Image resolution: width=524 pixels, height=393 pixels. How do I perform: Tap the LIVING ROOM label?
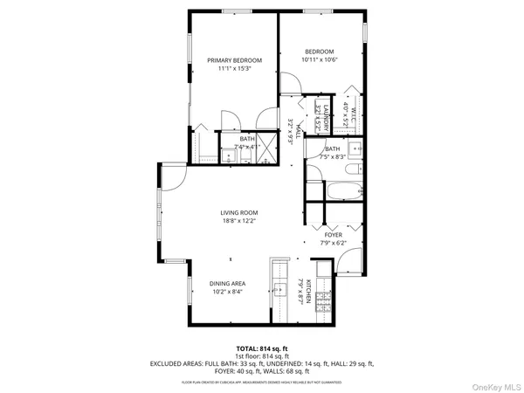[238, 212]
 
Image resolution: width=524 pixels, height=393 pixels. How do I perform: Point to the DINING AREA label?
[227, 284]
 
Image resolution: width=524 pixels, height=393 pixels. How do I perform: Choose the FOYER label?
[334, 235]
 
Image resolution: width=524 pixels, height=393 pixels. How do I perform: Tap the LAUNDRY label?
[326, 117]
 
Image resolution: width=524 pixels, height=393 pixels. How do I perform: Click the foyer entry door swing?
[348, 260]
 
